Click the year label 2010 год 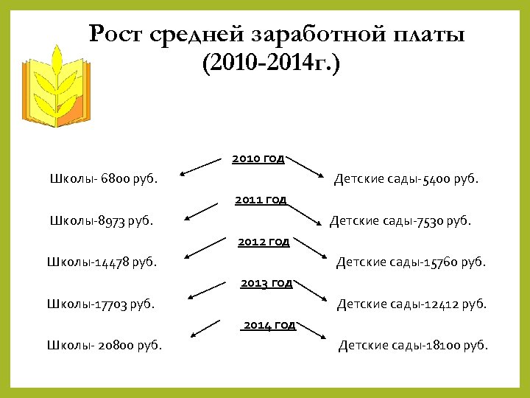coord(258,158)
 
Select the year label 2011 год coord(261,199)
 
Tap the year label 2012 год coord(263,241)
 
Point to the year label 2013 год coord(266,282)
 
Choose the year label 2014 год coord(269,324)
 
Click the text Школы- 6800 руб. coord(103,178)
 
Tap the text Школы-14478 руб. coord(102,261)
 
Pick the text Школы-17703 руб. coord(101,303)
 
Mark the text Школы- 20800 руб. coord(105,345)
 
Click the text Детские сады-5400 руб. coord(406,178)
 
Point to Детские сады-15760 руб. coord(411,261)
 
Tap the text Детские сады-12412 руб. coord(412,303)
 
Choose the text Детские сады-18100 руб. coord(413,345)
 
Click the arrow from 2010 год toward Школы coord(202,166)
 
